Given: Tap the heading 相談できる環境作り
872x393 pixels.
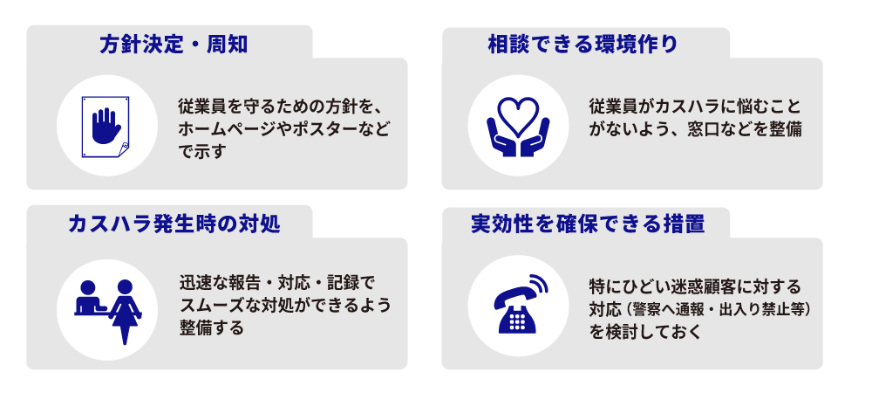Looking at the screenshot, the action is coord(582,44).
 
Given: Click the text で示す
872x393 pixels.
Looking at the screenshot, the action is coord(201,151).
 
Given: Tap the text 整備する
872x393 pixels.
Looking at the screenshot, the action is coord(211,327).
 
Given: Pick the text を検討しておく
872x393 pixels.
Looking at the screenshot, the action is coord(644,332).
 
